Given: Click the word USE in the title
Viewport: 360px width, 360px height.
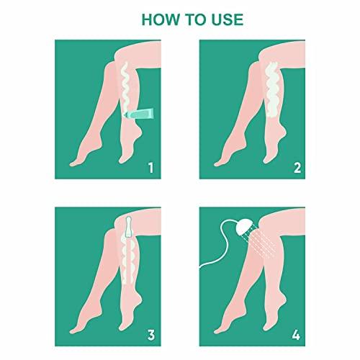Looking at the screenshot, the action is [x=227, y=19].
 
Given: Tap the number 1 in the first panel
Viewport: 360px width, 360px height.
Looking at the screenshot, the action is [x=150, y=168].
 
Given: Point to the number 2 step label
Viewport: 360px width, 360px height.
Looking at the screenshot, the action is [x=297, y=168].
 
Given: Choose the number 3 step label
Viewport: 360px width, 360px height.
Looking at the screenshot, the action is [x=150, y=335].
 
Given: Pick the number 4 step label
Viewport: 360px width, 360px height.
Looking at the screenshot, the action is [x=296, y=335].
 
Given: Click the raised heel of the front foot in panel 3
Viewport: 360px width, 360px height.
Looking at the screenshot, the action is [x=140, y=297].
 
